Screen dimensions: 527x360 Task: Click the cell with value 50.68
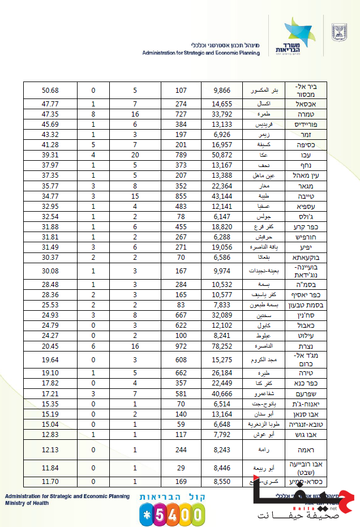(x=50, y=91)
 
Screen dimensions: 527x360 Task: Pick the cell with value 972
(x=181, y=345)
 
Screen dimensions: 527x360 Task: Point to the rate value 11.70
(x=50, y=481)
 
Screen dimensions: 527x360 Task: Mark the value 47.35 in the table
(x=50, y=114)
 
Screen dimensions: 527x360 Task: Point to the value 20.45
(x=50, y=345)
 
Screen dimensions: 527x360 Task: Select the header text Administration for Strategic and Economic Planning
(x=201, y=53)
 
